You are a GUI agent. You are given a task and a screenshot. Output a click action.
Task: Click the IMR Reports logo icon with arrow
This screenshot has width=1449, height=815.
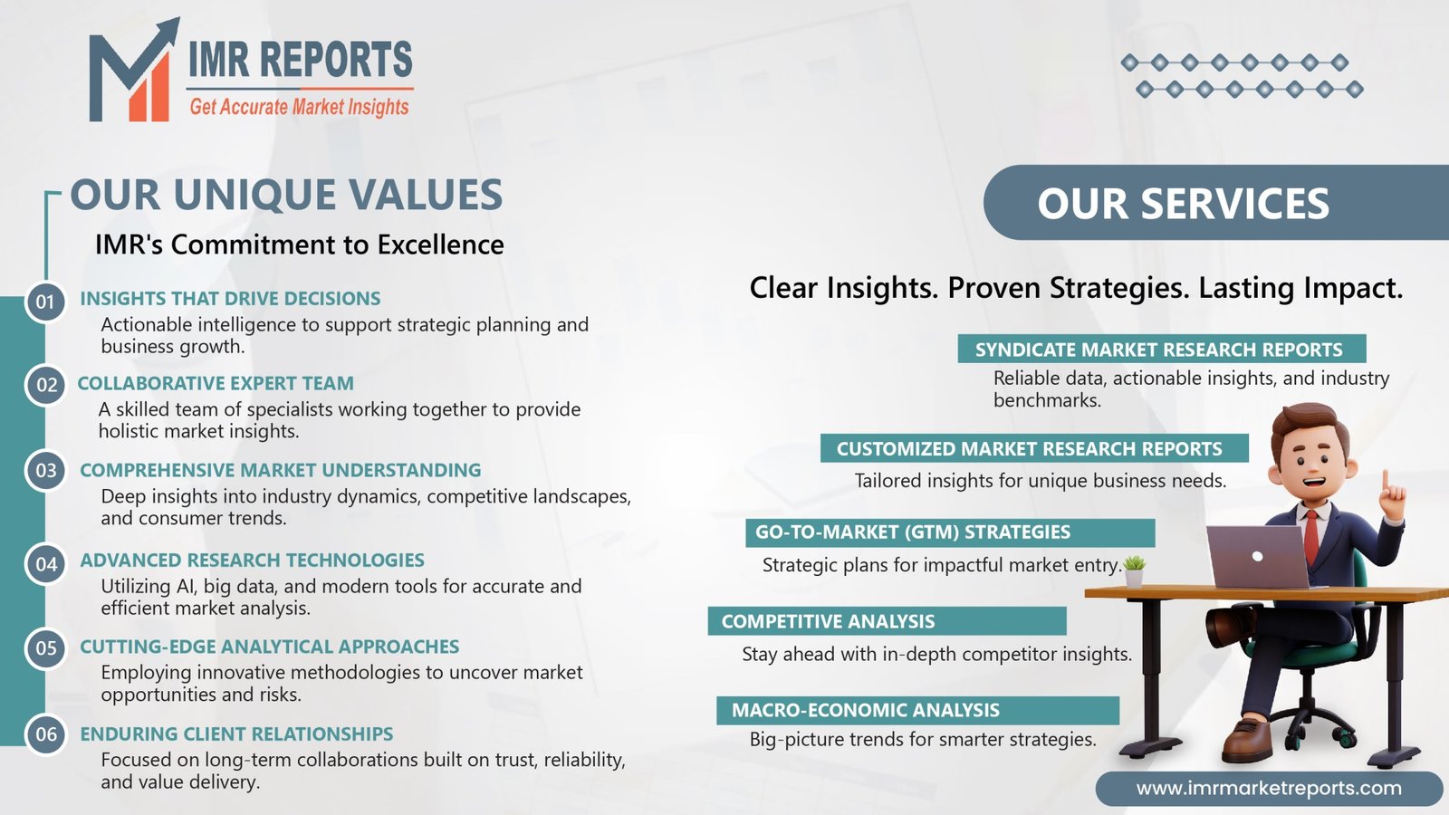131,74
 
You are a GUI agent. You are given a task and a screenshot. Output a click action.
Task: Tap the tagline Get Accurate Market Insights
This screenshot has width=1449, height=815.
299,107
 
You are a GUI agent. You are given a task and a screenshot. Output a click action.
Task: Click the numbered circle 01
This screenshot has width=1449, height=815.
45,302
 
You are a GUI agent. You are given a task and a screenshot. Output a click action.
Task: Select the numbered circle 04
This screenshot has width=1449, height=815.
46,565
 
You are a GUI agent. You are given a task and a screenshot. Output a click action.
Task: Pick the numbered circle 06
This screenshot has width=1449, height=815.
46,734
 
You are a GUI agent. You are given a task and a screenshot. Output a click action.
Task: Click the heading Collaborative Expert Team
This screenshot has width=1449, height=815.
216,383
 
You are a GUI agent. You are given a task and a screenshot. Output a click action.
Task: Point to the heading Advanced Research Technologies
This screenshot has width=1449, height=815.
252,560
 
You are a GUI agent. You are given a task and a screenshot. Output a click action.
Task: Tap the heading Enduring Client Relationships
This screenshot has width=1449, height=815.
236,733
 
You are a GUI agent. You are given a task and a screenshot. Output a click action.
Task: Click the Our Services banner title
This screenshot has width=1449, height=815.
1183,204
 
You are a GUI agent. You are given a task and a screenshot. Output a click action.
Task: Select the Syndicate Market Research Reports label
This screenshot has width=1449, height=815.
1158,350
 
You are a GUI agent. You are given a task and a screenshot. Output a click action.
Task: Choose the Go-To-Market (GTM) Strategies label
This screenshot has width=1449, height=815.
913,532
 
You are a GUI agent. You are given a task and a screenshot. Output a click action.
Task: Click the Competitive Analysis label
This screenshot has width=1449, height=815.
828,621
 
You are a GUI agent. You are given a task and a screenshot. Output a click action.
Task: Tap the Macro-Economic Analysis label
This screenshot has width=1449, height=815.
865,710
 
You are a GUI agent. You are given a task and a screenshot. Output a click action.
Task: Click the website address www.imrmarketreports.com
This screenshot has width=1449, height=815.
1269,788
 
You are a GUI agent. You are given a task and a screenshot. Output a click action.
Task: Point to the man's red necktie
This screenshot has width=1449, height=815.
1310,537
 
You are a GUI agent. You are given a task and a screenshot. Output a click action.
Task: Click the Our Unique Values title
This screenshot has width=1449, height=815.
286,195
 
